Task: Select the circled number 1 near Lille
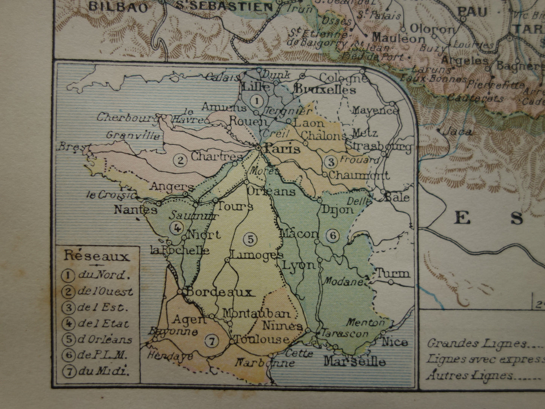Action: coord(256,101)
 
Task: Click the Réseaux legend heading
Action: coord(97,257)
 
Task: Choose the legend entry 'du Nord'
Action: coord(101,275)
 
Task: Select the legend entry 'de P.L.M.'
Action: coord(102,355)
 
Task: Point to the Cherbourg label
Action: coord(127,117)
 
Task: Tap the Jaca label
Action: coord(457,132)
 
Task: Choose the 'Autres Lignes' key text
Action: coord(470,375)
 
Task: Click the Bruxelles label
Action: coord(325,90)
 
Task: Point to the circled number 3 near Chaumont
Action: coord(330,162)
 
